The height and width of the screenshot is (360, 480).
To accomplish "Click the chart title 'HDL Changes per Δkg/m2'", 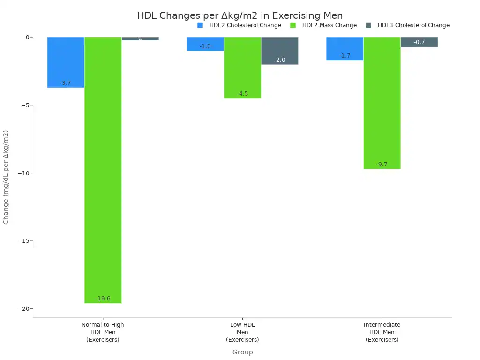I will [x=240, y=15].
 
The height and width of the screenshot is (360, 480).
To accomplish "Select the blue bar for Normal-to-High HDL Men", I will [x=66, y=62].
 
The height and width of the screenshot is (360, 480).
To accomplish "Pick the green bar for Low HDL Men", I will [x=242, y=68].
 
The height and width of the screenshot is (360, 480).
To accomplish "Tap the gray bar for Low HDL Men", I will [x=279, y=51].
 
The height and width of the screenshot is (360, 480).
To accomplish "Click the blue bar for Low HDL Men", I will [x=205, y=44].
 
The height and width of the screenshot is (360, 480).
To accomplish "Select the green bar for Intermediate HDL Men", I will [x=382, y=103].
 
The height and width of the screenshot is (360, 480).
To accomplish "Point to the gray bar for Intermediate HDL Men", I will [x=419, y=42].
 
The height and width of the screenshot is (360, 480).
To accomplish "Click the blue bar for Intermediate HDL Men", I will [x=345, y=49].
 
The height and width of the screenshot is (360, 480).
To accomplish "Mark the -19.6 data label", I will [x=103, y=299].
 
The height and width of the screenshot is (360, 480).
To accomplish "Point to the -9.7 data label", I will [x=382, y=165].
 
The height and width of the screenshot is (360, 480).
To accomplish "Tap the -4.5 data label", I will [x=242, y=94].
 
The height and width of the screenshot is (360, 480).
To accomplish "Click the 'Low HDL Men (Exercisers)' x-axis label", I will [x=242, y=332].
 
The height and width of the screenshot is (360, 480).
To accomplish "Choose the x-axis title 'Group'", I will [x=242, y=352].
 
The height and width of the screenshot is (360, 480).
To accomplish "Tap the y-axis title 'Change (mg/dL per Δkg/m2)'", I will [x=6, y=177].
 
